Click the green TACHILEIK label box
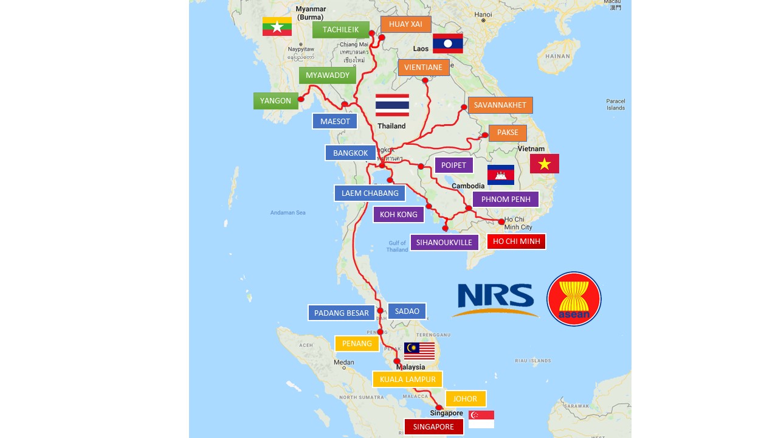pos(341,30)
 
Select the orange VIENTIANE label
pos(424,68)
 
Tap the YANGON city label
pos(275,101)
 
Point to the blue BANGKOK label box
pos(351,153)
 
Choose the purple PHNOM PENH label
pos(506,200)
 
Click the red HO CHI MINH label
pos(516,242)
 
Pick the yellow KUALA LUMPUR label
pos(407,380)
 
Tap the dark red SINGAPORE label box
pos(433,427)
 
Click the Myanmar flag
pos(277,27)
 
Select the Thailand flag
pos(392,105)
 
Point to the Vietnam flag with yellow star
pos(544,164)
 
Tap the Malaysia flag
pos(419,351)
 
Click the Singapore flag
pos(481,419)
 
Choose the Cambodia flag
pos(501,175)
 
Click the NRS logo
pos(495,300)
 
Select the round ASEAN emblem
pos(574,299)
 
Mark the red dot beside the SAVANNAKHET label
pos(464,108)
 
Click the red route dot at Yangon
pos(301,99)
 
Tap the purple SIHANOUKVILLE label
pos(444,243)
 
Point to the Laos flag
pos(448,43)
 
